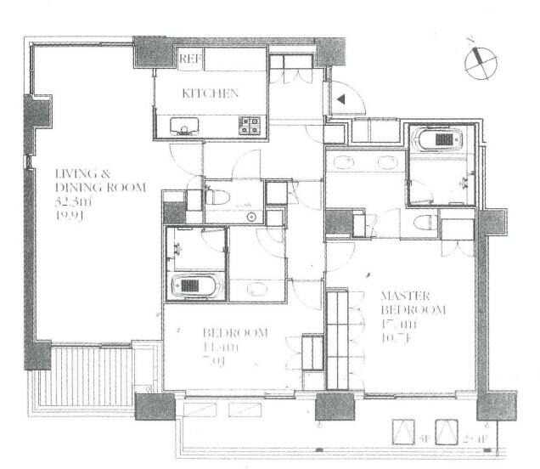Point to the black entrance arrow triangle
tap(340, 99)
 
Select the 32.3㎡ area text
tap(74, 202)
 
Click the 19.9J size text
tap(72, 217)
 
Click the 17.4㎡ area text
tap(400, 324)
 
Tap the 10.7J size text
tap(398, 338)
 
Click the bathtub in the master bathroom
tap(443, 138)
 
